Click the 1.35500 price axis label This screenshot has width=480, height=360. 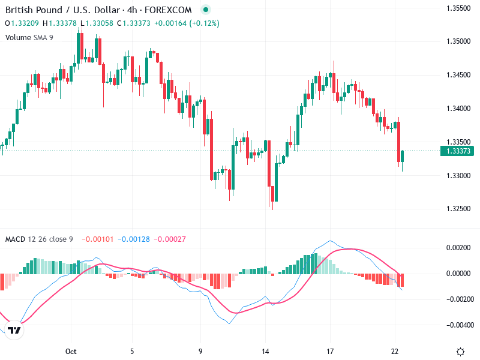tap(459, 8)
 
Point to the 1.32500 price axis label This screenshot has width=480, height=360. tap(459, 209)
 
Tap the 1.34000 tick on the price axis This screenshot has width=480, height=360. tap(459, 109)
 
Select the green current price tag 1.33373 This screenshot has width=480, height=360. tap(458, 151)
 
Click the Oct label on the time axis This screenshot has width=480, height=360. tap(71, 351)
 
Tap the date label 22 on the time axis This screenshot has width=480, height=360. tap(395, 351)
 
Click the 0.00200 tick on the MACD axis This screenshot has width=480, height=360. tap(459, 247)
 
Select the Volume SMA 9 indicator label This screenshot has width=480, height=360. tap(29, 37)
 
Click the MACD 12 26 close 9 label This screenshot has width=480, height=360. tap(39, 239)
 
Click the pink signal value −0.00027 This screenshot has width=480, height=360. tap(170, 239)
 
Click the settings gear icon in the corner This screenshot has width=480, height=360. tap(460, 351)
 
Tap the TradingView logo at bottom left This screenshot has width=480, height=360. tap(14, 330)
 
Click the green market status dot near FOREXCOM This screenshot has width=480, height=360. tap(206, 10)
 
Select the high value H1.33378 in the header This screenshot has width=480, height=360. tap(60, 23)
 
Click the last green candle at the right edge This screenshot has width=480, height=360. tap(402, 156)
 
